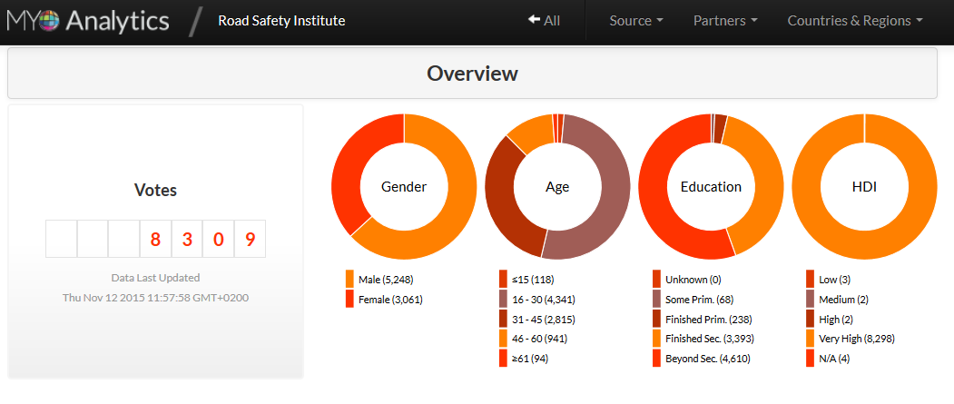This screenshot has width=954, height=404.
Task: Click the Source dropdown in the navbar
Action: coord(635,21)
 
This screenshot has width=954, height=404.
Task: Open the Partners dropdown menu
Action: coord(725,21)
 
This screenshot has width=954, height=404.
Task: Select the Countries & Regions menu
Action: coord(855,21)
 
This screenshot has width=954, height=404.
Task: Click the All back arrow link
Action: coord(544,21)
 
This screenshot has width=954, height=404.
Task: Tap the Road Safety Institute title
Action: coord(281,21)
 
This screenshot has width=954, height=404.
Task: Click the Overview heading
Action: coord(472,73)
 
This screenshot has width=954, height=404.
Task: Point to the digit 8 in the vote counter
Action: coord(155,239)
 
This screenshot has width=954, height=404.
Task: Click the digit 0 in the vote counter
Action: coord(218,239)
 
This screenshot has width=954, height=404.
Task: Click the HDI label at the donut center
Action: coord(864,187)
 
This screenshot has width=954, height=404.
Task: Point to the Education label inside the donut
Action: coord(711,187)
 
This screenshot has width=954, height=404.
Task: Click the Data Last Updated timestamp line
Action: coord(155,298)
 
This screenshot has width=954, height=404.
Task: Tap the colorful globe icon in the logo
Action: coord(49,21)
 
